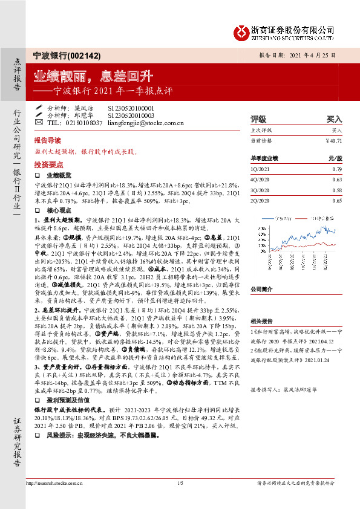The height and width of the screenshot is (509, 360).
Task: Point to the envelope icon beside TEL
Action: [x=39, y=123]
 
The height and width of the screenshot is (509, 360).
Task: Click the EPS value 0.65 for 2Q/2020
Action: [x=337, y=201]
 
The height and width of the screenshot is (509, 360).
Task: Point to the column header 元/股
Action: [x=335, y=158]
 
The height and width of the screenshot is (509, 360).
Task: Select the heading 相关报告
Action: [x=262, y=322]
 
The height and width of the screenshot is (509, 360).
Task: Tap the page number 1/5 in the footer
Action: [x=180, y=499]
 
